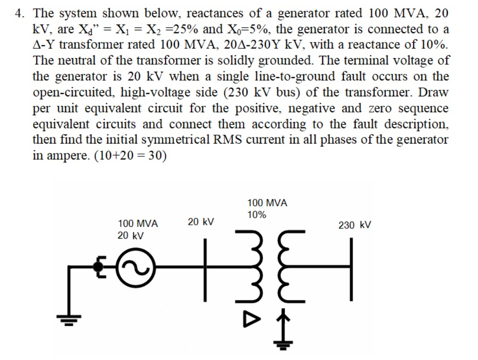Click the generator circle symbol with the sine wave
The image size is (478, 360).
[x=137, y=267]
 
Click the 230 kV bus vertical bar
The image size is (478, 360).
[x=351, y=268]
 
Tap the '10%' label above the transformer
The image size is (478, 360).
[x=256, y=215]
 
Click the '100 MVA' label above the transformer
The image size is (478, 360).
[x=267, y=203]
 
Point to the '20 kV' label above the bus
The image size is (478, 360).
[x=201, y=221]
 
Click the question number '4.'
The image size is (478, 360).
[x=20, y=13]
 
